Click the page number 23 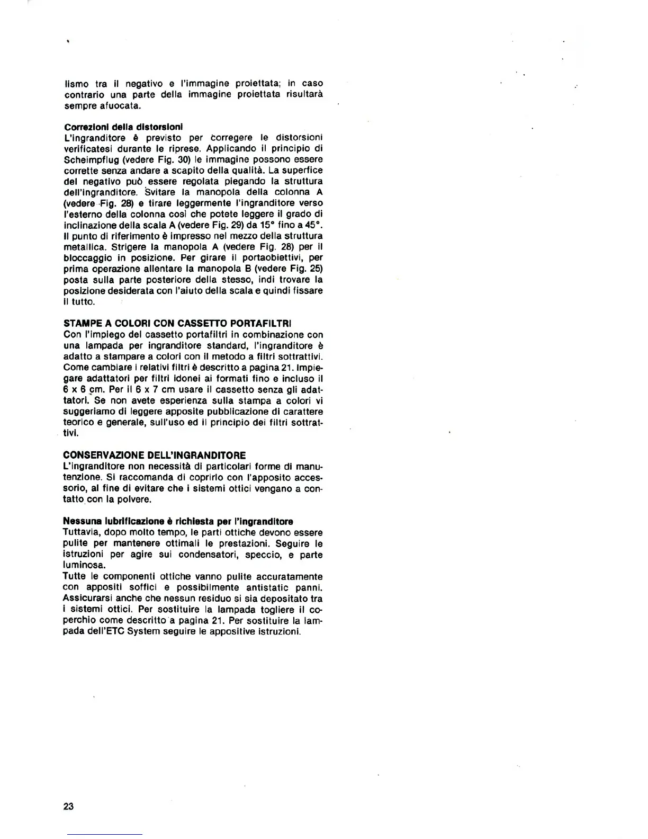(x=68, y=806)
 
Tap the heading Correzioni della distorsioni (x=123, y=127)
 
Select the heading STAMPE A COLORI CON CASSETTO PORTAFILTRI (x=177, y=323)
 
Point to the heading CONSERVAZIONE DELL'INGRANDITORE (x=154, y=455)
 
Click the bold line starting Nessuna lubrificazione (x=178, y=521)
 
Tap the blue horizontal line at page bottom (x=104, y=834)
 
